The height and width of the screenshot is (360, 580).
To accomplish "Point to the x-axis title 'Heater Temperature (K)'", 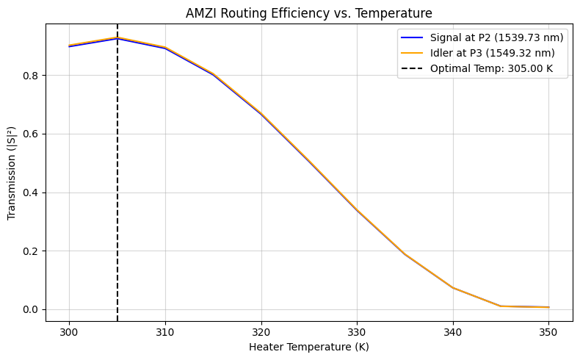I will (x=309, y=347).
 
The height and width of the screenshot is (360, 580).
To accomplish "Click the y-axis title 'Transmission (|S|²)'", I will (x=12, y=171).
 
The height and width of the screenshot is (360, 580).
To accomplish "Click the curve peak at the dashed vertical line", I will (x=117, y=37).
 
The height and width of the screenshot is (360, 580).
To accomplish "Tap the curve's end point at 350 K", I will (x=549, y=307).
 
